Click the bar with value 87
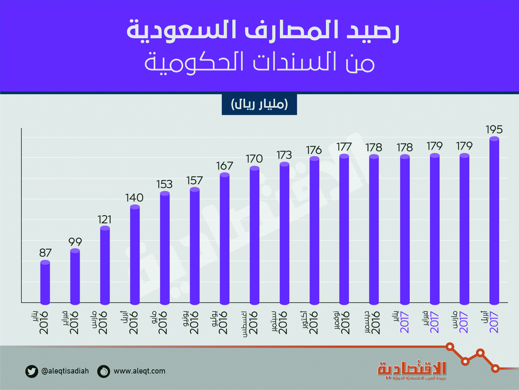click(x=45, y=282)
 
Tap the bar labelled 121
click(x=105, y=265)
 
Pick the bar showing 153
click(x=165, y=248)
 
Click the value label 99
click(x=75, y=242)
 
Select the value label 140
click(x=134, y=198)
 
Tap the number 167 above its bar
click(x=225, y=166)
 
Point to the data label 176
click(x=314, y=150)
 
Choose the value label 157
click(x=194, y=181)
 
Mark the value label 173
click(x=284, y=155)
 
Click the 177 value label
click(x=344, y=147)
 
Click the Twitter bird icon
click(x=32, y=371)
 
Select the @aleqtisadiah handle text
click(x=65, y=371)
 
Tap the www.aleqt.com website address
click(x=139, y=371)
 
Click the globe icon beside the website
click(x=104, y=371)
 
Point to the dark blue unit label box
click(x=259, y=104)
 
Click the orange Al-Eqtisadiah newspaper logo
click(x=412, y=370)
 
